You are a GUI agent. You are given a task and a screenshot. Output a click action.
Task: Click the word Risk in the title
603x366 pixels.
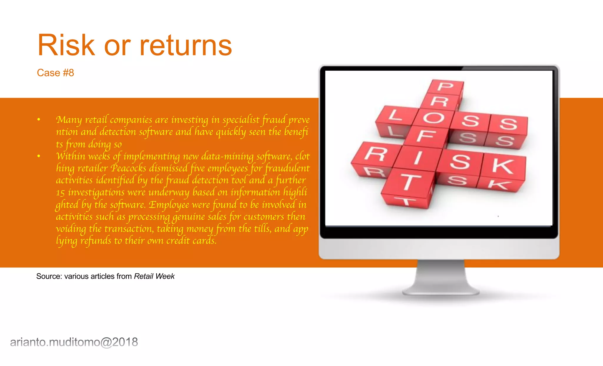pyautogui.click(x=67, y=46)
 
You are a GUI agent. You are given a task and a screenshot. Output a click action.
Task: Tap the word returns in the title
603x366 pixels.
pyautogui.click(x=185, y=46)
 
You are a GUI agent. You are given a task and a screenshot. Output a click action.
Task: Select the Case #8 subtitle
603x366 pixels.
pyautogui.click(x=55, y=73)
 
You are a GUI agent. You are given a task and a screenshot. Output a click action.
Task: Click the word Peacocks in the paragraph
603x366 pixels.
pyautogui.click(x=128, y=168)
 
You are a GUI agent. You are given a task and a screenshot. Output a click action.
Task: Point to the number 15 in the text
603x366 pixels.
pyautogui.click(x=60, y=193)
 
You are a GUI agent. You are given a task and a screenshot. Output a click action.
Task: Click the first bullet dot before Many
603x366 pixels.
pyautogui.click(x=39, y=120)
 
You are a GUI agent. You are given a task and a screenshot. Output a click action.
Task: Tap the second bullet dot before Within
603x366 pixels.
pyautogui.click(x=39, y=156)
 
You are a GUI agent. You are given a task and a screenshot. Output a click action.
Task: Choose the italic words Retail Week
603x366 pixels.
pyautogui.click(x=154, y=276)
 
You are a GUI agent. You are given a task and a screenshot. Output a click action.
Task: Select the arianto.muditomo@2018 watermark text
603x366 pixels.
pyautogui.click(x=74, y=342)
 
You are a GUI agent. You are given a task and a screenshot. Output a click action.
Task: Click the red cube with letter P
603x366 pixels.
pyautogui.click(x=445, y=87)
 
